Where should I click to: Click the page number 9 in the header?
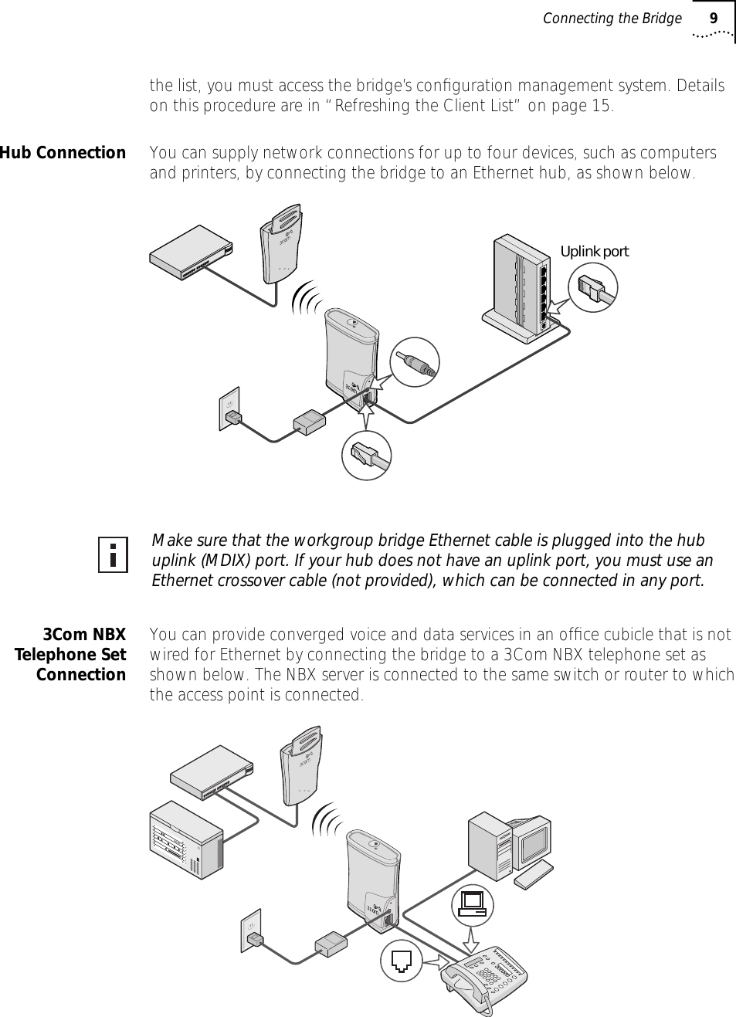(x=714, y=18)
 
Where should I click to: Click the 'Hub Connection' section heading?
(x=63, y=153)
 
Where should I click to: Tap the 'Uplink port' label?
(x=594, y=252)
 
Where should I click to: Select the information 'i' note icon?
(x=114, y=554)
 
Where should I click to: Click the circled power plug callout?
(x=415, y=362)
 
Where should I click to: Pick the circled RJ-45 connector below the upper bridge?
(x=367, y=454)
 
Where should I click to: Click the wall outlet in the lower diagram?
(x=253, y=930)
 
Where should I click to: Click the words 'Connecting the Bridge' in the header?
(x=612, y=18)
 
